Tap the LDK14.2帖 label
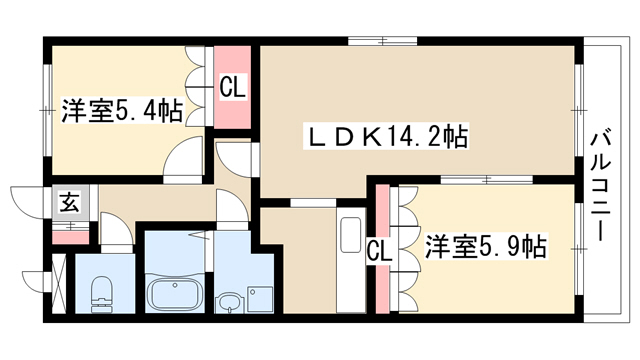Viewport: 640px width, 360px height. coord(386,136)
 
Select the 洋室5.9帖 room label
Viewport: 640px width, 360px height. coord(486,246)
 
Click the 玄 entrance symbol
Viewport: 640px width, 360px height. coord(70,202)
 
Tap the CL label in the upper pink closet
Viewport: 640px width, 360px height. coord(233,87)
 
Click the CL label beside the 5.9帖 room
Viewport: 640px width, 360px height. coord(379,251)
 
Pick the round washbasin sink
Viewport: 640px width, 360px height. coord(229,303)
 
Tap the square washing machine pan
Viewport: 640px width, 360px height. coord(260,299)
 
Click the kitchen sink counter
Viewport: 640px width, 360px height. coord(351,260)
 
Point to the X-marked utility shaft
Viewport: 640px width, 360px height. coord(59,283)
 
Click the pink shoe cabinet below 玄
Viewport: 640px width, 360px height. coord(70,237)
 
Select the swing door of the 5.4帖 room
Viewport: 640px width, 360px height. coord(183,159)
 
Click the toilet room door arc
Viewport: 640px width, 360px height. coord(117,233)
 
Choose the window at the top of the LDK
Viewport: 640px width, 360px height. coord(383,41)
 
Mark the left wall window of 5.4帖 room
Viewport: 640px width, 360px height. coord(47,110)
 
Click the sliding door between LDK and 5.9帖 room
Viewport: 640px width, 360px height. coord(487,180)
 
